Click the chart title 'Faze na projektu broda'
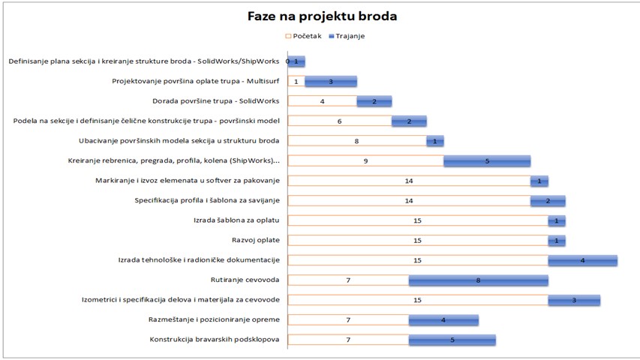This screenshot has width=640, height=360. pyautogui.click(x=322, y=16)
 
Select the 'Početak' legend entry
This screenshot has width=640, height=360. pyautogui.click(x=302, y=35)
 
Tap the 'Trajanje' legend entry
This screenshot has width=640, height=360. pyautogui.click(x=350, y=35)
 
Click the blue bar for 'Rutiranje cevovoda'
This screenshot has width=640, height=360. pyautogui.click(x=478, y=280)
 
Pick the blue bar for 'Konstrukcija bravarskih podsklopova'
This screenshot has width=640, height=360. pyautogui.click(x=452, y=340)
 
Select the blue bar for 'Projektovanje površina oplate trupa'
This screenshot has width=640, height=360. pyautogui.click(x=331, y=81)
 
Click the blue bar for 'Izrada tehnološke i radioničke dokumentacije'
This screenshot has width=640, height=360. pyautogui.click(x=582, y=260)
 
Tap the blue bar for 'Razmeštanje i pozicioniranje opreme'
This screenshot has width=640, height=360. pyautogui.click(x=443, y=320)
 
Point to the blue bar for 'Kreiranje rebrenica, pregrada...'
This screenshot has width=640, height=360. pyautogui.click(x=487, y=160)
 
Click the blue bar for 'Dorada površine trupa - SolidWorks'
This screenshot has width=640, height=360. pyautogui.click(x=374, y=100)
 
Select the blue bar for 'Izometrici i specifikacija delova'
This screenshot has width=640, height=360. pyautogui.click(x=574, y=300)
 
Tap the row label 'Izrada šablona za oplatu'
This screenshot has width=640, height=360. pyautogui.click(x=236, y=220)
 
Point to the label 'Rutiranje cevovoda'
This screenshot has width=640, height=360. pyautogui.click(x=245, y=280)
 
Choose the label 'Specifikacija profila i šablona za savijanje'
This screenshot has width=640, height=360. pyautogui.click(x=206, y=200)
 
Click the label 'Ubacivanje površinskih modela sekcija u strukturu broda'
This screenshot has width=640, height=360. pyautogui.click(x=179, y=140)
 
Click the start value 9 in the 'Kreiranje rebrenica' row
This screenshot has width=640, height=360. pyautogui.click(x=365, y=160)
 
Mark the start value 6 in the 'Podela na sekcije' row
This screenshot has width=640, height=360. pyautogui.click(x=339, y=121)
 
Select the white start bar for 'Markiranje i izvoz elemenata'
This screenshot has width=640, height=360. pyautogui.click(x=409, y=181)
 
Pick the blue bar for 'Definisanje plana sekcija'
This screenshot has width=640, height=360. pyautogui.click(x=297, y=61)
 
